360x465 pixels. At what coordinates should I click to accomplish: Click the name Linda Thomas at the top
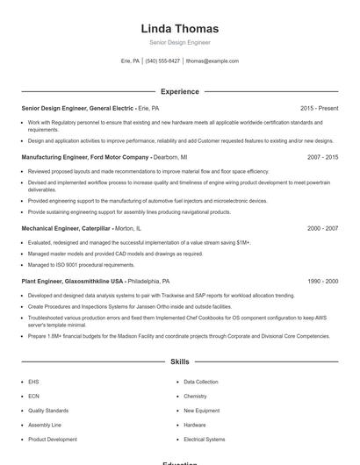tap(179, 28)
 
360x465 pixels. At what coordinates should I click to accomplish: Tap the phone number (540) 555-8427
tap(162, 61)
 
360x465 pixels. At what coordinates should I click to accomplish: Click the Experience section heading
tap(179, 91)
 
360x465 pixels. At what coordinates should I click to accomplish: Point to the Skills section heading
tap(179, 361)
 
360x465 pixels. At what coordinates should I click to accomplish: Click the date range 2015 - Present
tap(319, 107)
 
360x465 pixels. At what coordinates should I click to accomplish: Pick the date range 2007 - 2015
tap(322, 156)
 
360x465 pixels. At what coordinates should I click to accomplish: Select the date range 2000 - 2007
tap(322, 227)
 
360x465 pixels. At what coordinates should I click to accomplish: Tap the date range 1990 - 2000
tap(322, 281)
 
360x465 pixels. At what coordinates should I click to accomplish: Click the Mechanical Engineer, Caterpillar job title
tap(76, 227)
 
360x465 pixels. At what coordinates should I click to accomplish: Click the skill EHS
tap(33, 383)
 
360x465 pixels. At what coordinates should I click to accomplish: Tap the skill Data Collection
tap(201, 383)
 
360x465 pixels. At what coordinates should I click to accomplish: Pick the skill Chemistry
tap(195, 397)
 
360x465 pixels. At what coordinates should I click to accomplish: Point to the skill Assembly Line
tap(44, 425)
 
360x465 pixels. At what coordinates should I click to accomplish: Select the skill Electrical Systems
tap(204, 439)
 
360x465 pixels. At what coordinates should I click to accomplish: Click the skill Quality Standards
tap(47, 411)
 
